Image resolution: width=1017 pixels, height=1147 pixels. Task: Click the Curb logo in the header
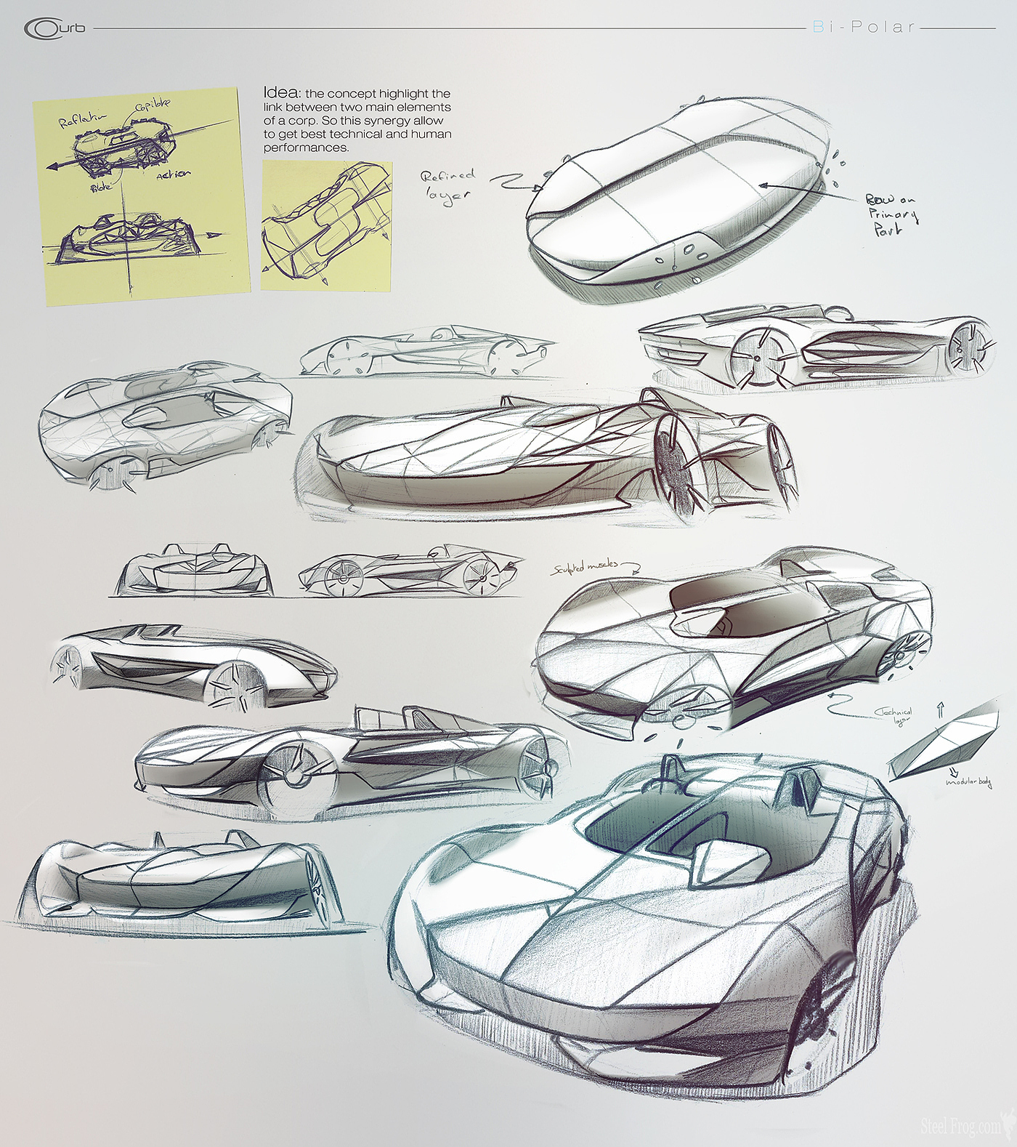coord(54,28)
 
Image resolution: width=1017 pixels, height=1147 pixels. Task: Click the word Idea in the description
coord(280,92)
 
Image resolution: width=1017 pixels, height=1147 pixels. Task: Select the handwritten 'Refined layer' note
coord(448,185)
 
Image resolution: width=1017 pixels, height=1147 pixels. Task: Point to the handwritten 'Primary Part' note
coord(891,214)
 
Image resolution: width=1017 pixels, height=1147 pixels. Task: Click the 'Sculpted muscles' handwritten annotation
coord(586,566)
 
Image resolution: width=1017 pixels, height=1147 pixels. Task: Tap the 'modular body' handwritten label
coord(969,782)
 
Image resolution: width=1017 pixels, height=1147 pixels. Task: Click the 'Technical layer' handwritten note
coord(896,716)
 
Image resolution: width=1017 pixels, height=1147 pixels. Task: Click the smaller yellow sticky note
coord(326,226)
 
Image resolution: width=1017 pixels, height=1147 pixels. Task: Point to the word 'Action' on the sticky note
coord(174,175)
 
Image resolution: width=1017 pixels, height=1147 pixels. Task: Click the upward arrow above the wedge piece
coord(941,709)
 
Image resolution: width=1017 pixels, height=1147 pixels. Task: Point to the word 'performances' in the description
coord(306,148)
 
